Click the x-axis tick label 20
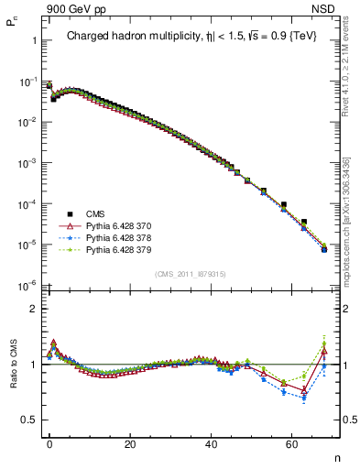(131, 443)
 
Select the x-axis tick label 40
(212, 443)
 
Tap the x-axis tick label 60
(292, 443)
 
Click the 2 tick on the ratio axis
(33, 309)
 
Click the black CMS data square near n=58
(284, 204)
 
